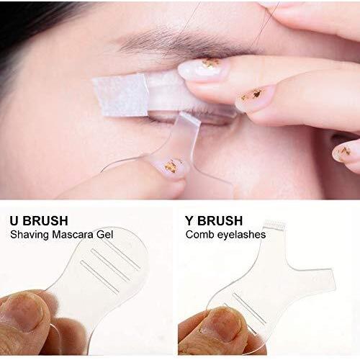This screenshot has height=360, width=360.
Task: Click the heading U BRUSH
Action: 39,220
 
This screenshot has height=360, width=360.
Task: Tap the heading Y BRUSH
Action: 214,220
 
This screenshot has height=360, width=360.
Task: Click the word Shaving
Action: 30,235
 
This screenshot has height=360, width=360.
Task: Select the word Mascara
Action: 73,234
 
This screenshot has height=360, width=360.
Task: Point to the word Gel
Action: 104,235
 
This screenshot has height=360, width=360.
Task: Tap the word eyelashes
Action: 241,235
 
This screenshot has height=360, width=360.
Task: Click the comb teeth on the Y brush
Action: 274,225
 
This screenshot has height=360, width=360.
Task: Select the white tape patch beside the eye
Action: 120,94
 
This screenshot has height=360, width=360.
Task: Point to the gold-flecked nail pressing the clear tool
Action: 171,166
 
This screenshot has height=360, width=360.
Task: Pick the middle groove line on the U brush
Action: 111,265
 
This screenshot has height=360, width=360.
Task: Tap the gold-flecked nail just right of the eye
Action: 254,97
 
